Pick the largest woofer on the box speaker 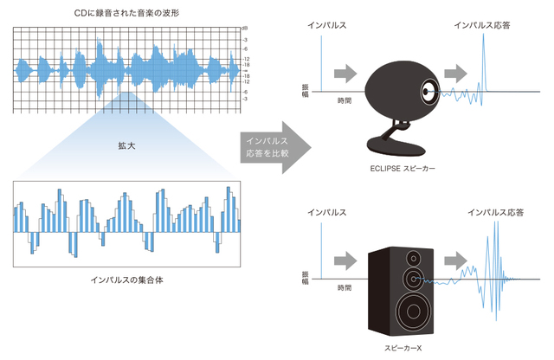tap(411, 310)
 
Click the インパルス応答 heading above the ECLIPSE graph tap(482, 26)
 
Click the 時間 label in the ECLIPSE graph tap(345, 101)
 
